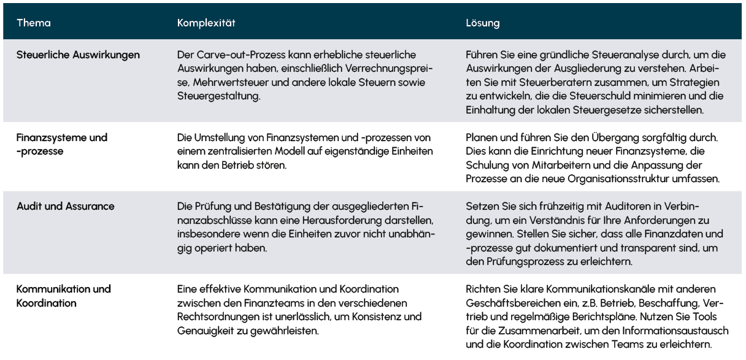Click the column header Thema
[34, 23]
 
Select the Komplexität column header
[206, 23]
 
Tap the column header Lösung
[483, 23]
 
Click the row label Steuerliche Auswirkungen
[79, 55]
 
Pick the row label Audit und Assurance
[66, 206]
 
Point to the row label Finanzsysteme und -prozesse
[62, 144]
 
